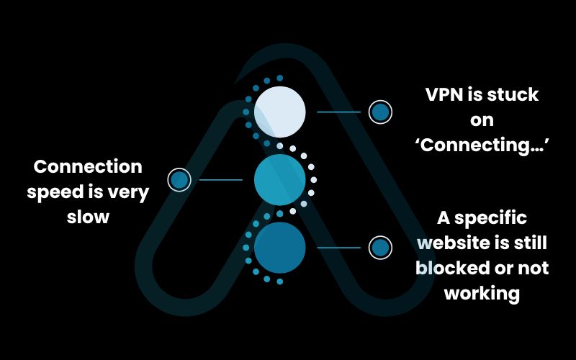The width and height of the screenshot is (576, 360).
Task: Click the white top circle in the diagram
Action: click(280, 112)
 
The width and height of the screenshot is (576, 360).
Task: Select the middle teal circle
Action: click(280, 180)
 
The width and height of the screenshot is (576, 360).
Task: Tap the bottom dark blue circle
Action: click(280, 248)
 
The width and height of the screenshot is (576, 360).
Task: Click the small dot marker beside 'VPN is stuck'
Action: click(380, 112)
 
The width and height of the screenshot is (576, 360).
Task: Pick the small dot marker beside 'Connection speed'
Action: click(179, 179)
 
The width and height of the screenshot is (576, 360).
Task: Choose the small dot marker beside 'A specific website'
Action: click(380, 248)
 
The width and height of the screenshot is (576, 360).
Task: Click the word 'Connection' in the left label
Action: click(88, 167)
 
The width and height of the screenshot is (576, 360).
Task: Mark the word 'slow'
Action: click(88, 216)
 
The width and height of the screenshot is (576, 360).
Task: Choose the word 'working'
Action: click(482, 293)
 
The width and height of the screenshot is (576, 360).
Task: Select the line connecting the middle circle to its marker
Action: click(220, 179)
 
